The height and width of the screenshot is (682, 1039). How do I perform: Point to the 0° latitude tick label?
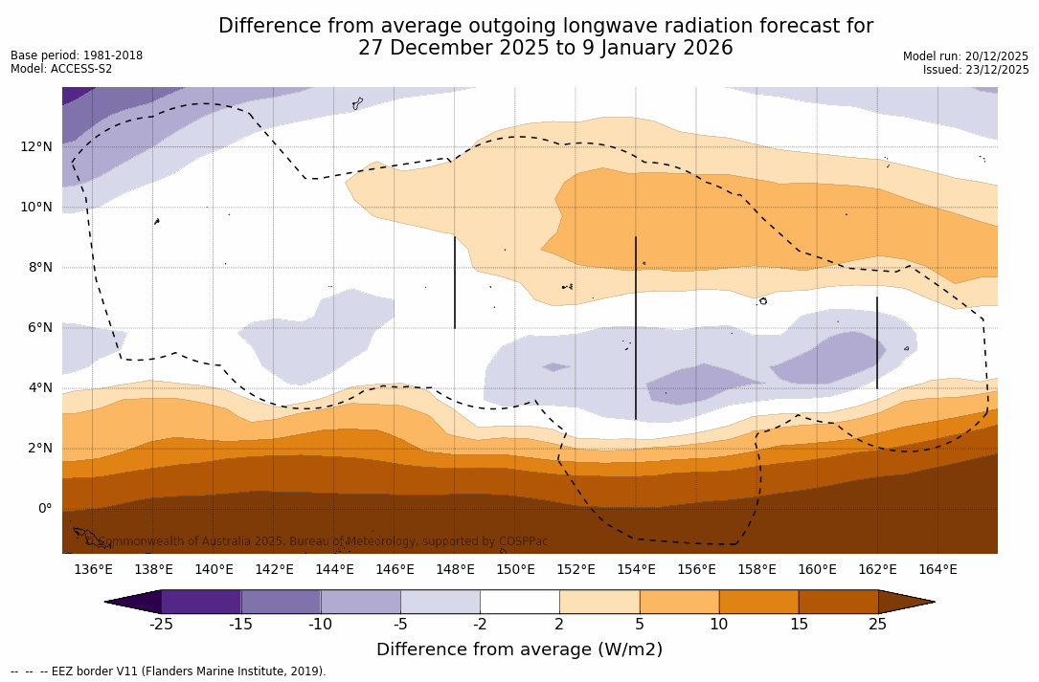pyautogui.click(x=44, y=509)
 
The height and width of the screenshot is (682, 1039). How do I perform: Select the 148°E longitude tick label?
pyautogui.click(x=455, y=570)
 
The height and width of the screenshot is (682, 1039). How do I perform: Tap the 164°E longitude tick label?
pyautogui.click(x=937, y=570)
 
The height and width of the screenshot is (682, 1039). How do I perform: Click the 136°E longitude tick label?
pyautogui.click(x=93, y=570)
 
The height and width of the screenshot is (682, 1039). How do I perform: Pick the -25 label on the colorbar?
pyautogui.click(x=161, y=625)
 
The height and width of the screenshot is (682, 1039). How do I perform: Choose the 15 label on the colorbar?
pyautogui.click(x=798, y=625)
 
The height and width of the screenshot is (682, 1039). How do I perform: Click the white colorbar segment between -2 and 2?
pyautogui.click(x=520, y=602)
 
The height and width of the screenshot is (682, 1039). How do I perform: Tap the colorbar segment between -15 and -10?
pyautogui.click(x=281, y=602)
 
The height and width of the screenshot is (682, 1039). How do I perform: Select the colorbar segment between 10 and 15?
pyautogui.click(x=758, y=602)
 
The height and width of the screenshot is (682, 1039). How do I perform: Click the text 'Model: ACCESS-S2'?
pyautogui.click(x=61, y=69)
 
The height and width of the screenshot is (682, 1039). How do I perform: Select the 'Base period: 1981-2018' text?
pyautogui.click(x=77, y=55)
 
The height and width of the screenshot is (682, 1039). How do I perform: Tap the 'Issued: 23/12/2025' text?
pyautogui.click(x=976, y=70)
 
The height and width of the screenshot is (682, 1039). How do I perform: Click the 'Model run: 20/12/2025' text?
pyautogui.click(x=965, y=56)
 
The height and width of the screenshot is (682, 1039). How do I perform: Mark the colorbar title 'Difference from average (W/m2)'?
pyautogui.click(x=519, y=650)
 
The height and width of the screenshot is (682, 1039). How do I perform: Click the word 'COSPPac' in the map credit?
pyautogui.click(x=523, y=541)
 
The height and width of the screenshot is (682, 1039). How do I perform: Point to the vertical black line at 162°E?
pyautogui.click(x=876, y=342)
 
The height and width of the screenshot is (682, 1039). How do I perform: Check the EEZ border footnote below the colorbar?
pyautogui.click(x=169, y=671)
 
